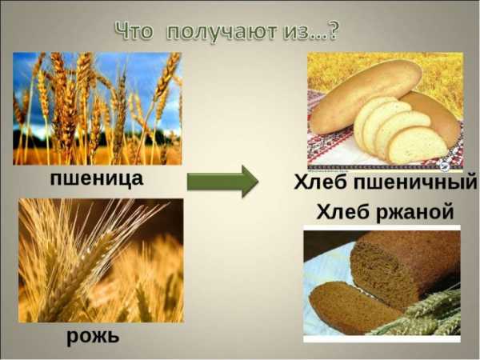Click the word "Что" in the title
134,30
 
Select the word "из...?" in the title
311,30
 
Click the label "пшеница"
97,178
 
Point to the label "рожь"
93,337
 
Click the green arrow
222,182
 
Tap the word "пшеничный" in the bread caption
415,182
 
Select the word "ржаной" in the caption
414,211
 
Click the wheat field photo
98,108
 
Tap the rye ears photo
101,260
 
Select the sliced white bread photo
385,110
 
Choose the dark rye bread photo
382,283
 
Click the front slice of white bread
417,145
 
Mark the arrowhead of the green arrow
250,182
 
